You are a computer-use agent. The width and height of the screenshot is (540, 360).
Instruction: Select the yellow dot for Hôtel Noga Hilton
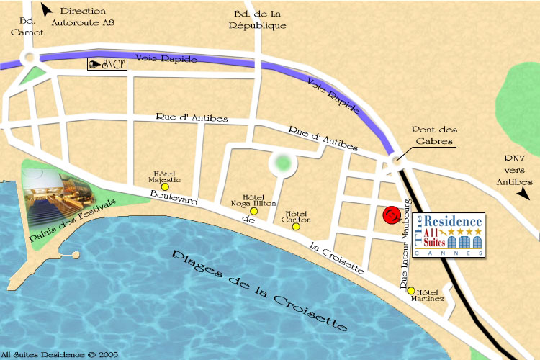[x=253, y=211]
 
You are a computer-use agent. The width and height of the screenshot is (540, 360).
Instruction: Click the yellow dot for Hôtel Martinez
[x=411, y=291]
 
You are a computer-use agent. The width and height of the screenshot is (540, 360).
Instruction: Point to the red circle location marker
[x=392, y=215]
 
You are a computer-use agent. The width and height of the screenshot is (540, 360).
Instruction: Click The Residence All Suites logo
[x=449, y=235]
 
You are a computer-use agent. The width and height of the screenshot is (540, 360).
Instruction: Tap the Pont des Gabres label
[x=433, y=135]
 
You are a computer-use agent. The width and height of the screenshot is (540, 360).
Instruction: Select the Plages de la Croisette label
[x=256, y=292]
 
